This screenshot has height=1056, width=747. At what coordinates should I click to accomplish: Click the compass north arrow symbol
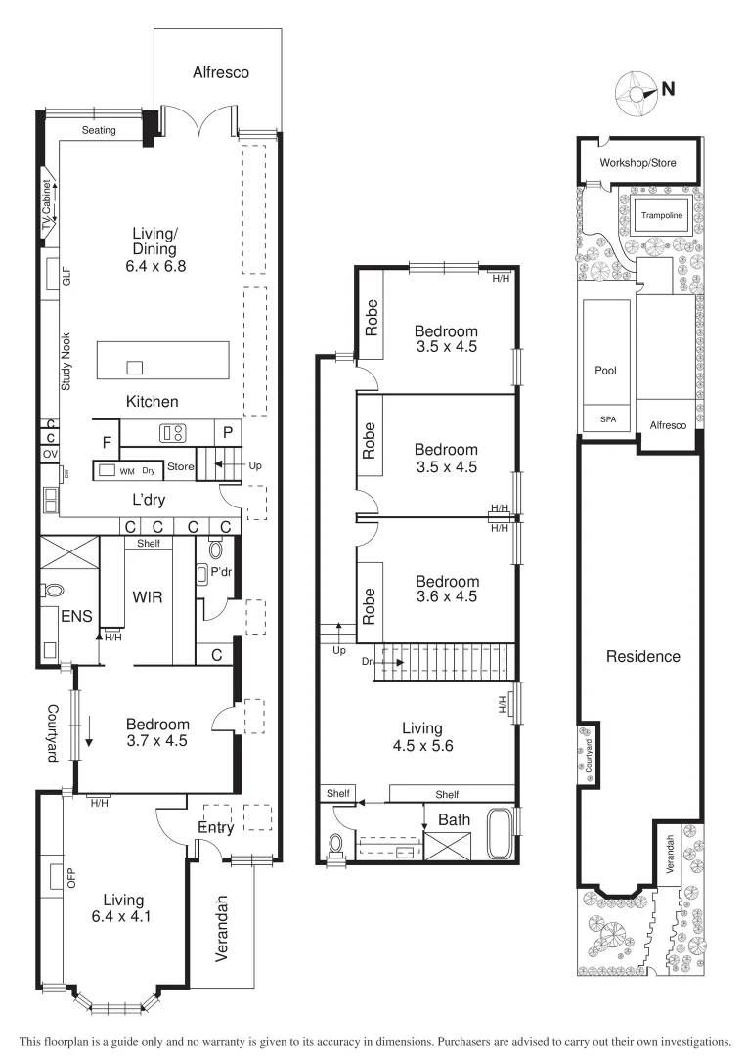pos(637,91)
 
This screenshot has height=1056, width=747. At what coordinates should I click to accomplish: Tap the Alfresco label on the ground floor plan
pos(221,72)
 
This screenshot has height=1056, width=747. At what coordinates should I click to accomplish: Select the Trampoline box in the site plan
pos(660,215)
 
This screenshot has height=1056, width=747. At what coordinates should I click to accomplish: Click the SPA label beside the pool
pos(608,418)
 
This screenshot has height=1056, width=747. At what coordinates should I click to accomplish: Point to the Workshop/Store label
pos(638,163)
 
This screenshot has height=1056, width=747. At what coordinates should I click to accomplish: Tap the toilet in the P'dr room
pos(215,550)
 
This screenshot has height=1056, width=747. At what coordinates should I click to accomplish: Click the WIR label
pos(147,595)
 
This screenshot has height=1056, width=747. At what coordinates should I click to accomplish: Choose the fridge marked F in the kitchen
pos(107,442)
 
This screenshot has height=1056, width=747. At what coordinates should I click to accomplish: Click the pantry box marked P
pos(227,431)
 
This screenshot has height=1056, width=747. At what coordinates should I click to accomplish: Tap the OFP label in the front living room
pos(70,878)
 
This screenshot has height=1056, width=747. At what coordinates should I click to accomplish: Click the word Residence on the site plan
pos(642,656)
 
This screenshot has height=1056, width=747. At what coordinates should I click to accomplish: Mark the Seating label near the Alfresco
pos(99,130)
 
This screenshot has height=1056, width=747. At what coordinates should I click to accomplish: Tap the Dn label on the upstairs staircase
pos(368,662)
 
